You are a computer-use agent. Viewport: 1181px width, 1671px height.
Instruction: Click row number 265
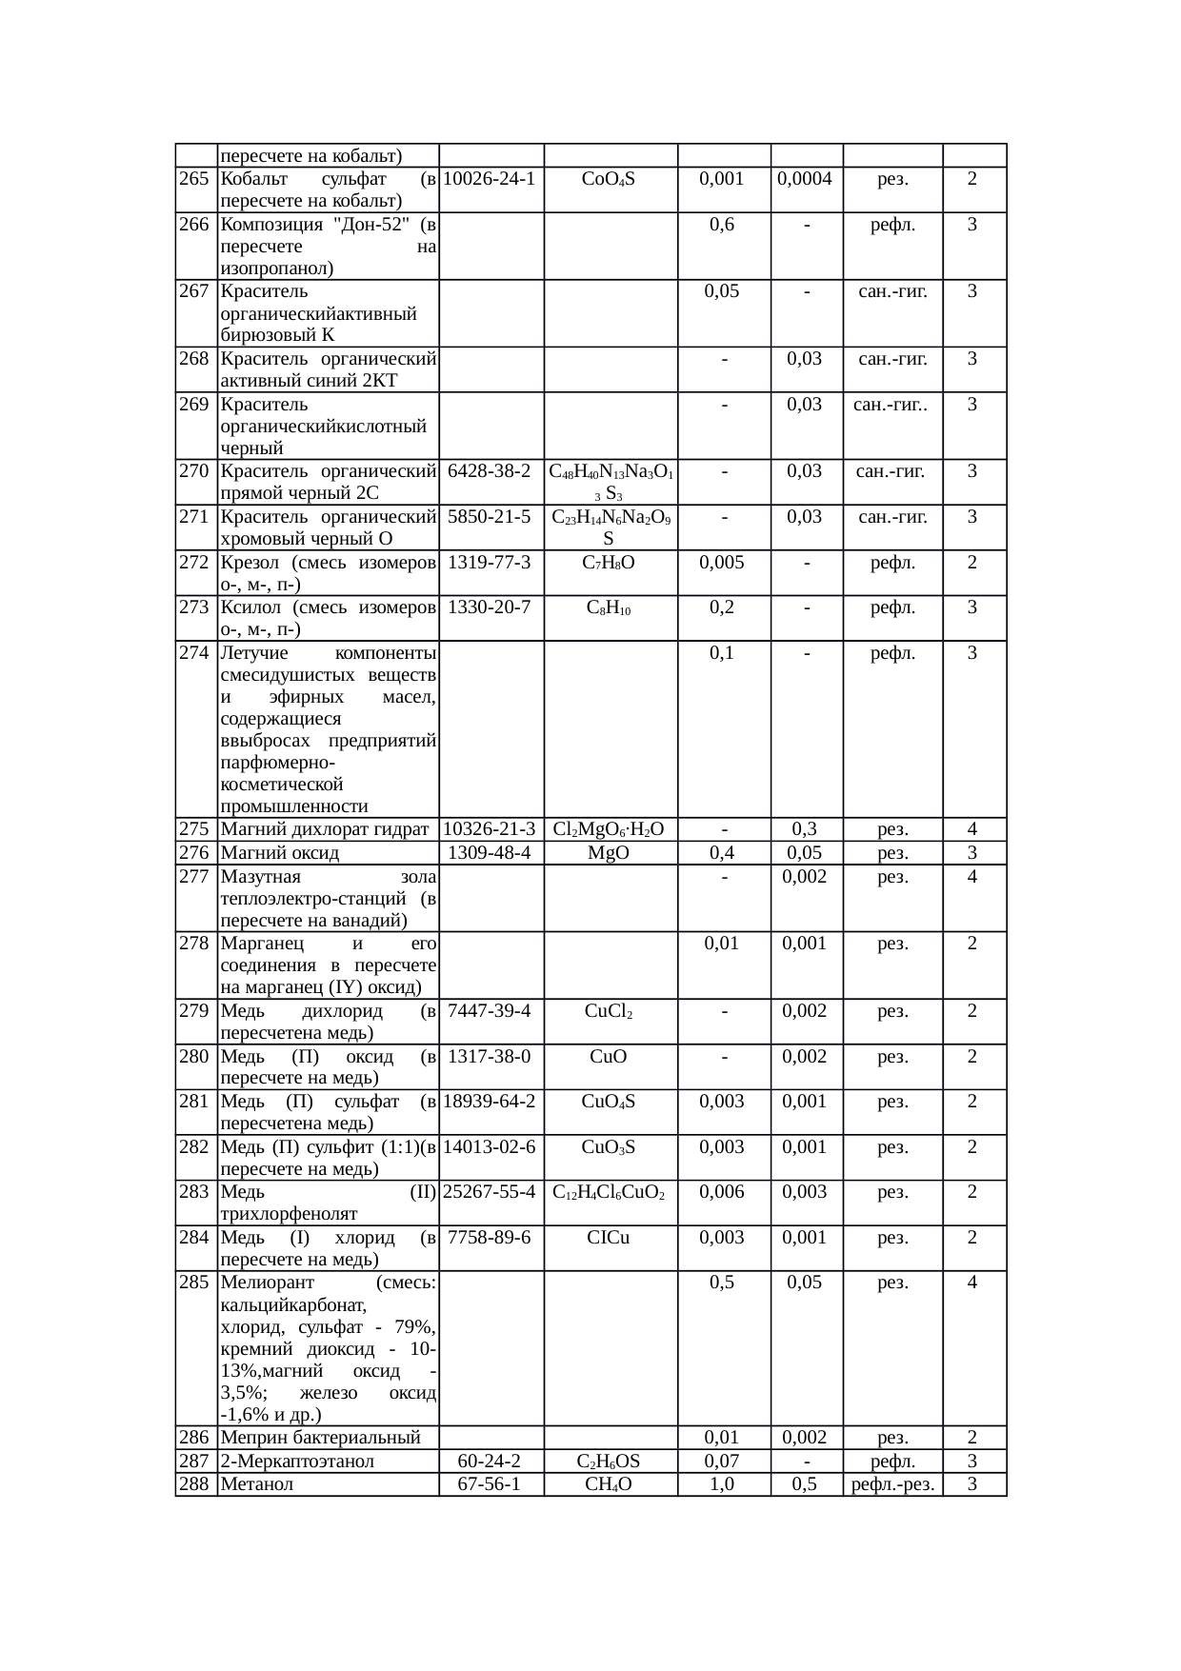tap(194, 179)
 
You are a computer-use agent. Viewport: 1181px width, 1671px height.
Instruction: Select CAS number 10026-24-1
tap(490, 179)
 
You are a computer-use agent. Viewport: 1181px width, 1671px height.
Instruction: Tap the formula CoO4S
tap(609, 179)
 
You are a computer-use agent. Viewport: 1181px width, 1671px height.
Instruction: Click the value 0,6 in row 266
tap(722, 225)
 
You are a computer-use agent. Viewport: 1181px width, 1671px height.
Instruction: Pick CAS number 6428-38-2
tap(490, 470)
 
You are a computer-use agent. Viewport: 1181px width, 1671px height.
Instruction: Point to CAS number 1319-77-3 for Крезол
tap(490, 562)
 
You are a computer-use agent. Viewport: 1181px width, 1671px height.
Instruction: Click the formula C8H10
tap(609, 607)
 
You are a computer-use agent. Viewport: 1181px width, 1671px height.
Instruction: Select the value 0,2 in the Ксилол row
tap(722, 607)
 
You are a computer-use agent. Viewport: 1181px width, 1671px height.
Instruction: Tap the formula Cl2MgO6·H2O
tap(609, 829)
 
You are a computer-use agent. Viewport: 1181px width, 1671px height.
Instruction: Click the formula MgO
tap(609, 853)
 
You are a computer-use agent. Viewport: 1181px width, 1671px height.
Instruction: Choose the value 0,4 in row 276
tap(722, 853)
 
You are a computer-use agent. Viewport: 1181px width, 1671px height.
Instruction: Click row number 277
tap(194, 877)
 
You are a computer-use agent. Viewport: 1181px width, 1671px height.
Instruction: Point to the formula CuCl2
tap(609, 1011)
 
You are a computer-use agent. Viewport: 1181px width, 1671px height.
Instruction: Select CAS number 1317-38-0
tap(490, 1056)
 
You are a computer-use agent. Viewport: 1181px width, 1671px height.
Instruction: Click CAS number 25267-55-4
tap(490, 1192)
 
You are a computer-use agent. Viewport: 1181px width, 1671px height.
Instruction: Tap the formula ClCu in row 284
tap(609, 1238)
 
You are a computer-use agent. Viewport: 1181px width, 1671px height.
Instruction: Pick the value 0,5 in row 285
tap(722, 1283)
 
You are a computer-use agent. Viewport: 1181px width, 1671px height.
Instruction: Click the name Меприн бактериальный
tap(320, 1438)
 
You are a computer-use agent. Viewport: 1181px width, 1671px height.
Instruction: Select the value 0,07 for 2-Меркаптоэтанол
tap(722, 1462)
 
